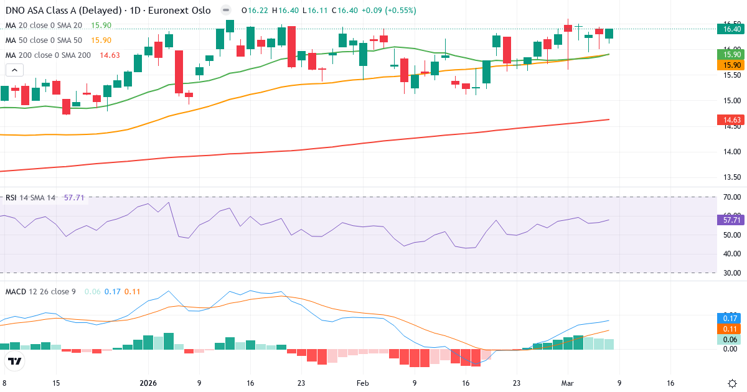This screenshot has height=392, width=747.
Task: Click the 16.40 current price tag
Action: tap(728, 29)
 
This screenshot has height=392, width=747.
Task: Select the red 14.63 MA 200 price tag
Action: tap(728, 119)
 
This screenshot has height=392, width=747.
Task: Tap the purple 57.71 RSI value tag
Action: tap(728, 220)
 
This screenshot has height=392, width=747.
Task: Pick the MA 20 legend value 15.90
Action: tap(101, 26)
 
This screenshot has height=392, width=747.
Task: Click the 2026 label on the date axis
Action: tap(148, 383)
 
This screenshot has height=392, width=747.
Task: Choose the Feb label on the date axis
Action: tap(363, 383)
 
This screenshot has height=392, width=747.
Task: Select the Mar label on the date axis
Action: tap(567, 383)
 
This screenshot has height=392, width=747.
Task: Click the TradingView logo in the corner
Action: tap(15, 361)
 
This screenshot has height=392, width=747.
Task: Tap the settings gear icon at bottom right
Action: tap(733, 383)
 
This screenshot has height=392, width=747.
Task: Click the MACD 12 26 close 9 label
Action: tap(40, 291)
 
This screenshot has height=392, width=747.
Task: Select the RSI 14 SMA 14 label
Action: tap(31, 198)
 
